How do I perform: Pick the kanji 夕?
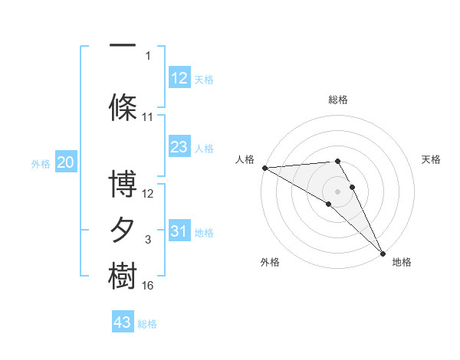[123, 231]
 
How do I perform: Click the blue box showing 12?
[179, 78]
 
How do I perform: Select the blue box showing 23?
[179, 147]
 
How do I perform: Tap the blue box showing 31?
[179, 231]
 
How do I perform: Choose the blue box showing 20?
[66, 162]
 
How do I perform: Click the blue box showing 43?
[123, 322]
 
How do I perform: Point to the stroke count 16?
[148, 286]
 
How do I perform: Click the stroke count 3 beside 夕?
[148, 240]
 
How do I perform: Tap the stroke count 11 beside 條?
[148, 117]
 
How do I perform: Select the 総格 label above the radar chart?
[338, 100]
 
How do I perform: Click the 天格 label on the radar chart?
[431, 159]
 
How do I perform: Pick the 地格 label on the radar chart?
[402, 262]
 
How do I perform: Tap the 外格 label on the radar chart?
[270, 262]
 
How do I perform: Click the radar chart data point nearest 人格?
[264, 168]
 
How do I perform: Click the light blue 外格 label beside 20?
[40, 163]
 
